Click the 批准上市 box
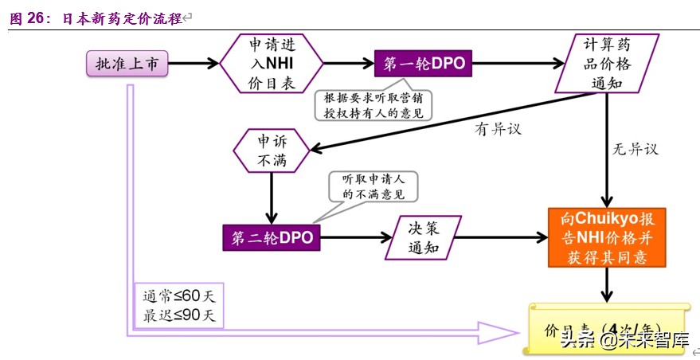coord(127,63)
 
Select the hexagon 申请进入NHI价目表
coord(272,63)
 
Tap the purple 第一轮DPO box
coord(424,63)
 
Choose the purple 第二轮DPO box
coord(272,237)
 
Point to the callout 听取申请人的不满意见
coord(373,186)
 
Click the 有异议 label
coord(498,129)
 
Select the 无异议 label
coord(635,148)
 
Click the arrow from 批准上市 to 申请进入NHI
coord(194,63)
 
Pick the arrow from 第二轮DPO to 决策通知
coord(350,237)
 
